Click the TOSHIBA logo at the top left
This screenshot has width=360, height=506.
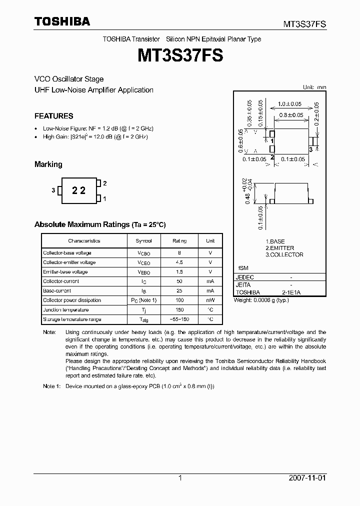click(x=62, y=21)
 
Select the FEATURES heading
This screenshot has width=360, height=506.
click(x=54, y=116)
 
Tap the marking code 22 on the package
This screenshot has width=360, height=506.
click(x=79, y=190)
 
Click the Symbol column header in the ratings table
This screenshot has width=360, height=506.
click(x=143, y=240)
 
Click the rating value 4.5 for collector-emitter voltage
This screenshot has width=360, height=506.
click(x=179, y=262)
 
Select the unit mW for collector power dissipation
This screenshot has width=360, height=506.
click(x=210, y=300)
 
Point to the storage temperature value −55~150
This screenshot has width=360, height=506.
click(x=179, y=319)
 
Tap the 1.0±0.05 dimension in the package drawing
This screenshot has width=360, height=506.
click(x=290, y=104)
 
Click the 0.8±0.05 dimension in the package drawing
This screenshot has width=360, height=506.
click(x=291, y=115)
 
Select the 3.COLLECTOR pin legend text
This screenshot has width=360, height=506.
click(x=284, y=254)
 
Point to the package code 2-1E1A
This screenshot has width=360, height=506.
click(x=291, y=292)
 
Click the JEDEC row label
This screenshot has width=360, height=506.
click(x=245, y=277)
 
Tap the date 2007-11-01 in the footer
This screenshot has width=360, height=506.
click(x=307, y=478)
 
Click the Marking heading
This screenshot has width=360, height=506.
click(x=48, y=164)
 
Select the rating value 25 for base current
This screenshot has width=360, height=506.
click(x=179, y=290)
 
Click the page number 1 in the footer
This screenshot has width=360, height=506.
click(x=180, y=478)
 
